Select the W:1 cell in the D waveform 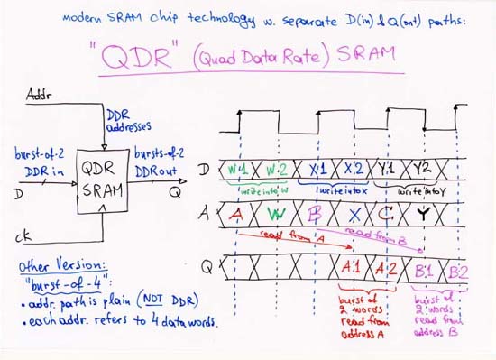pyautogui.click(x=237, y=168)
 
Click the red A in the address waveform pyautogui.click(x=235, y=215)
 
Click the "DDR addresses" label pyautogui.click(x=128, y=124)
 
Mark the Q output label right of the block pyautogui.click(x=171, y=191)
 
